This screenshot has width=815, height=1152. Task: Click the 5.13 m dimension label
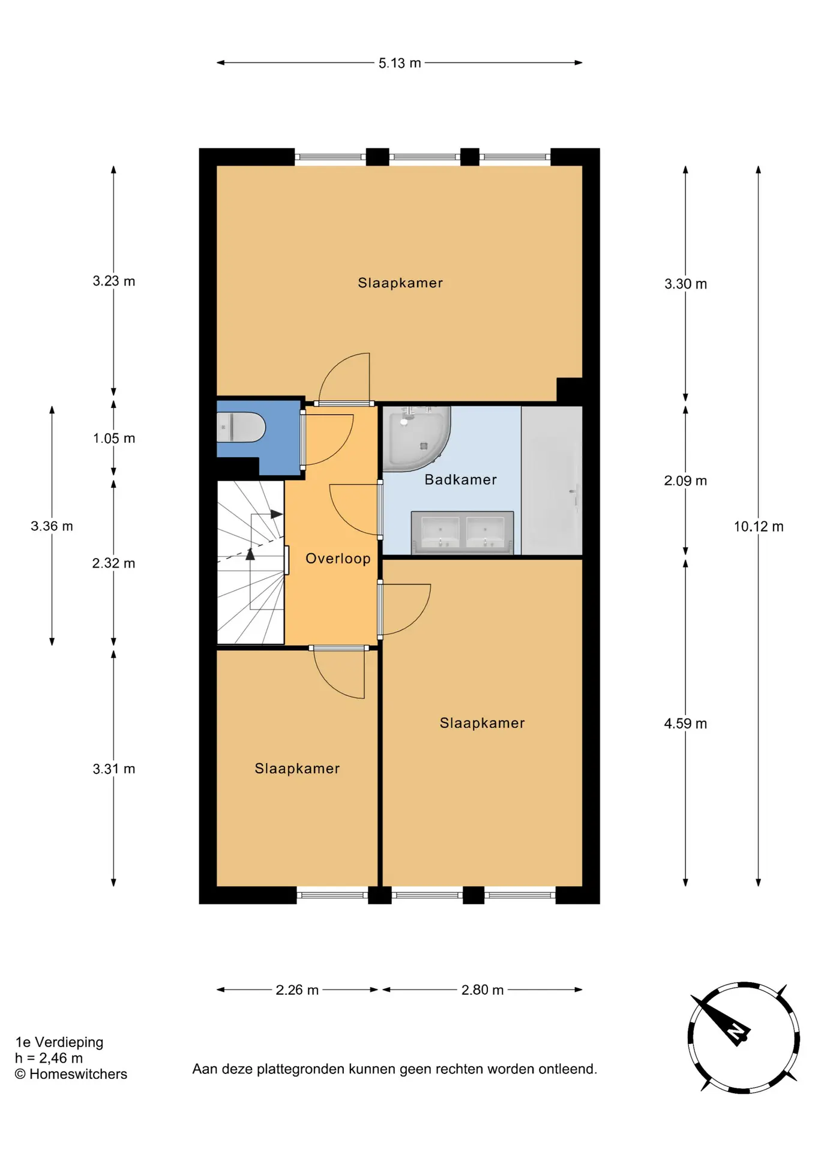click(x=400, y=63)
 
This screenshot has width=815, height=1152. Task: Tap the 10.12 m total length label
click(x=759, y=527)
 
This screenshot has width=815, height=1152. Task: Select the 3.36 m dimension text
click(x=52, y=526)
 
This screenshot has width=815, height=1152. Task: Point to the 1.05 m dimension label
click(x=114, y=439)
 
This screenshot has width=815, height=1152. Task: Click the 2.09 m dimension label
click(x=685, y=481)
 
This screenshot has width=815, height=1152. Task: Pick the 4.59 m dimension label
click(x=685, y=724)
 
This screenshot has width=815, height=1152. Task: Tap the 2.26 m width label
click(x=297, y=990)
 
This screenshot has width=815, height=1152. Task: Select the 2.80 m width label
click(x=483, y=990)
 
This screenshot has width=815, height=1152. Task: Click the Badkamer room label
click(x=461, y=479)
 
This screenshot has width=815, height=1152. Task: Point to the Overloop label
click(x=338, y=559)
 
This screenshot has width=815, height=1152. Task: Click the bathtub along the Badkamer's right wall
click(x=552, y=481)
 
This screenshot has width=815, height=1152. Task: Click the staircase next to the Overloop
click(x=250, y=563)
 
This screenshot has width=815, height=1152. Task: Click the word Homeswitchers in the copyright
click(x=79, y=1074)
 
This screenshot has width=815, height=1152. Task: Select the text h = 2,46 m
click(x=49, y=1058)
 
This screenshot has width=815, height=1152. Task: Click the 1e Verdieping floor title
click(x=59, y=1042)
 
